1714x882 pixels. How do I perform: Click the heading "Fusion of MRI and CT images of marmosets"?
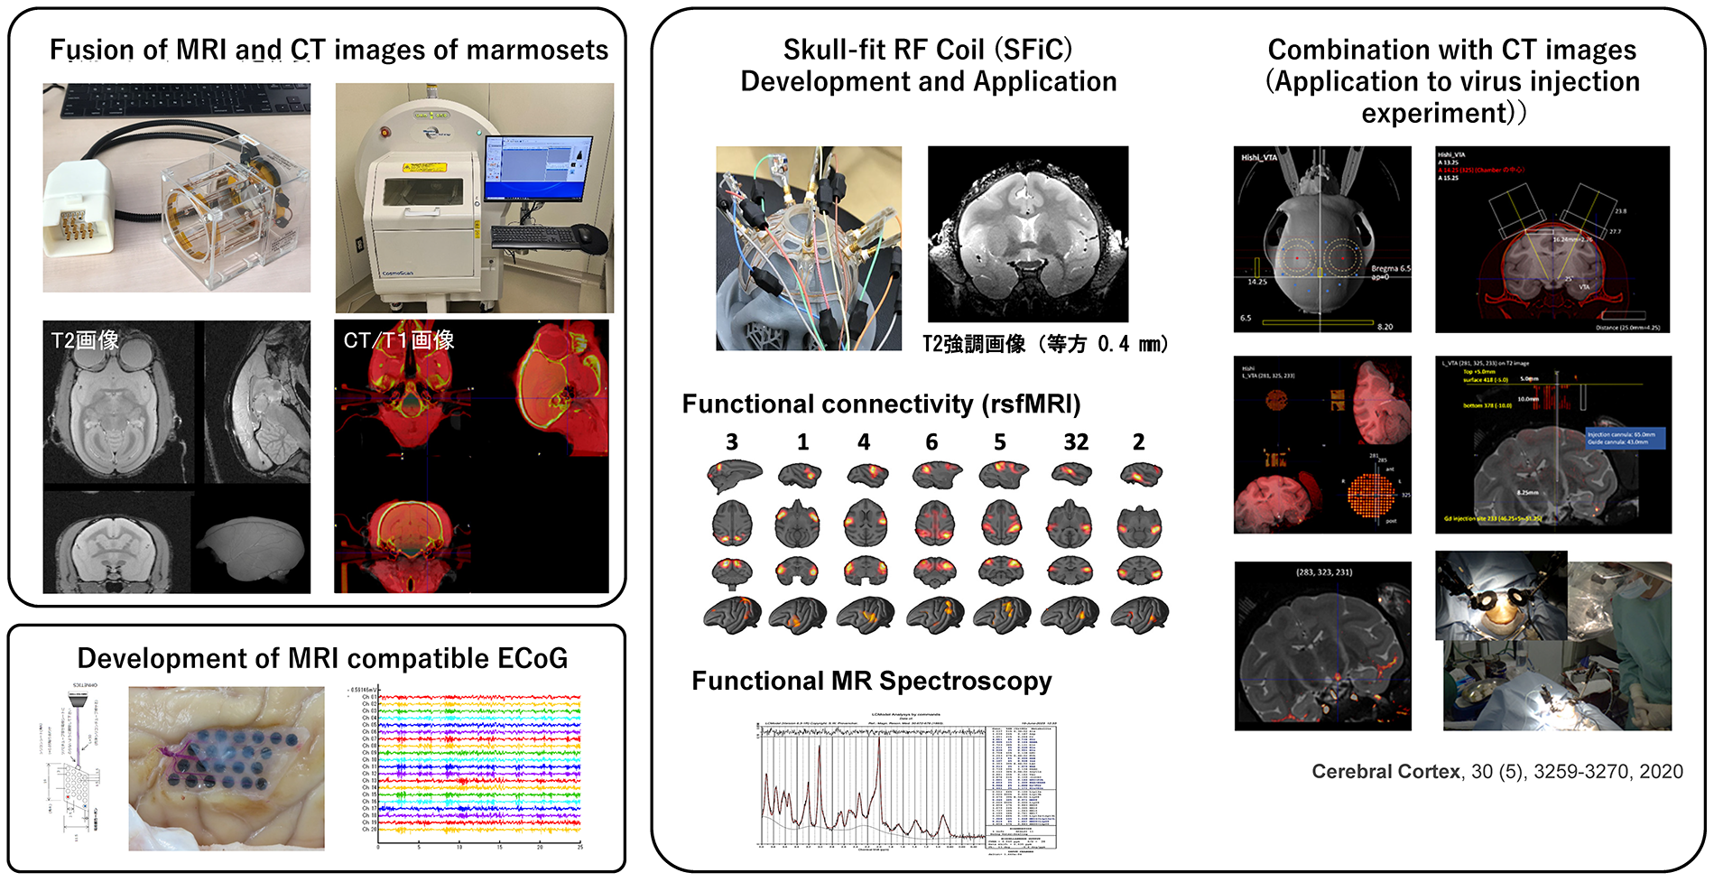(x=329, y=50)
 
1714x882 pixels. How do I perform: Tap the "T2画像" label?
(x=85, y=340)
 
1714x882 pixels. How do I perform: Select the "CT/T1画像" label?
(x=398, y=340)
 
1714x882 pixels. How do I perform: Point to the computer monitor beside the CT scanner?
(x=538, y=170)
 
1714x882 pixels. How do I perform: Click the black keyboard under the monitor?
(x=533, y=236)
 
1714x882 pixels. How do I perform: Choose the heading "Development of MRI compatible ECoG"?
(x=322, y=658)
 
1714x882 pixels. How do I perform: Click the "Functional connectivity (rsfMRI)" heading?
(x=881, y=404)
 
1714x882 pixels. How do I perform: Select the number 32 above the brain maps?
(x=1076, y=442)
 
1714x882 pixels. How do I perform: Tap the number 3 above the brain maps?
(x=732, y=442)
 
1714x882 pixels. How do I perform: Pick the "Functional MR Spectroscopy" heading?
(x=871, y=681)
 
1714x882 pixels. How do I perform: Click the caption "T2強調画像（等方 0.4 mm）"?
(x=1045, y=344)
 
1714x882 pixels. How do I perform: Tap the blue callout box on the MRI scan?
(x=1625, y=439)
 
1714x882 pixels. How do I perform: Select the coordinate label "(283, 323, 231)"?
(x=1324, y=572)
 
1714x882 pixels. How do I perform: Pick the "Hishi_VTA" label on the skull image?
(x=1259, y=158)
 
